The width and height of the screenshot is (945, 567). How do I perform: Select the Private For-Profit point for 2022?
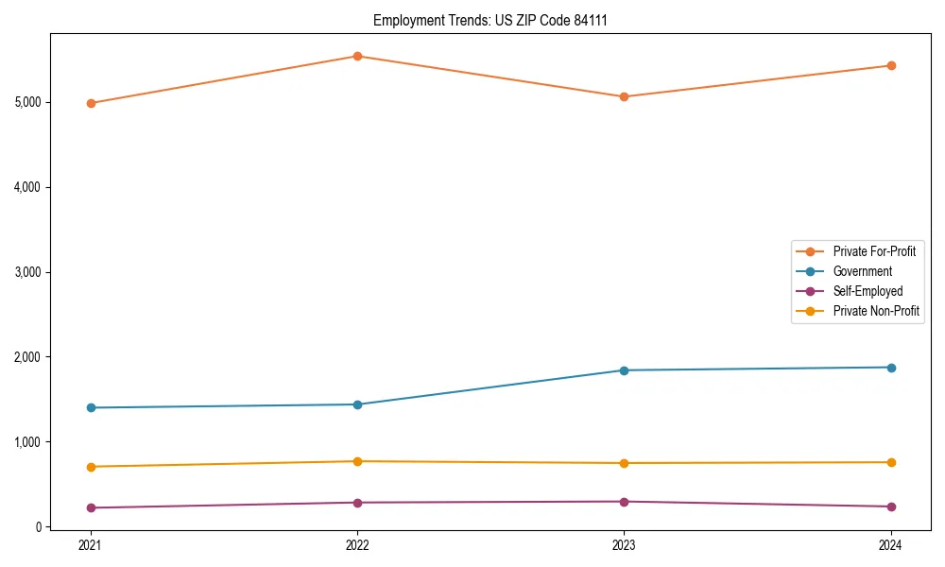point(357,56)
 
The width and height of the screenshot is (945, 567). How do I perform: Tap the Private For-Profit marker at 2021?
point(91,103)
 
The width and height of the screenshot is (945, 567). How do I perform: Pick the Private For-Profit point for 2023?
point(624,96)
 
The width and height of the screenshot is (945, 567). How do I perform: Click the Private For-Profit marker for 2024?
point(890,65)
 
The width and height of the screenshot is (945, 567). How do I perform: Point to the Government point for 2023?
point(624,370)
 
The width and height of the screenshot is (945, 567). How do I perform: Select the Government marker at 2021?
point(91,407)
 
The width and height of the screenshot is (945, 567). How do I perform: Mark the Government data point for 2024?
point(890,368)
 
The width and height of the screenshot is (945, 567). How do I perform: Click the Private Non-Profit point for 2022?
point(357,461)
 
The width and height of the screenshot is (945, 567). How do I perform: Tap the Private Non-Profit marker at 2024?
point(890,462)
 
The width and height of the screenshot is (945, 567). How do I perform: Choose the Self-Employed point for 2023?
point(624,502)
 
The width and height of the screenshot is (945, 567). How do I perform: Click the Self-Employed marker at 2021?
point(91,507)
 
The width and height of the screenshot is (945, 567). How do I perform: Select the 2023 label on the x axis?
point(624,545)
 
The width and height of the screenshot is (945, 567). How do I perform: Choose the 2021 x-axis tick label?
point(91,545)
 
